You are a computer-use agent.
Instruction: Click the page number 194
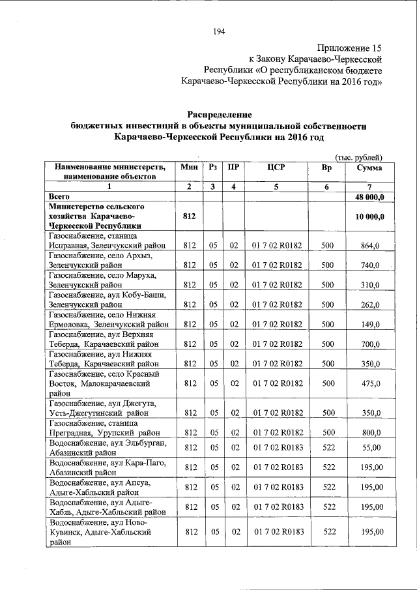[218, 32]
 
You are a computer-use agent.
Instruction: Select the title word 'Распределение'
[218, 115]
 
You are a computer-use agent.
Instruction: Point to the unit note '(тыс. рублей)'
[358, 156]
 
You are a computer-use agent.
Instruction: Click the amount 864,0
[370, 246]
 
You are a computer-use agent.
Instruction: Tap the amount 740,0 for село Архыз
[370, 266]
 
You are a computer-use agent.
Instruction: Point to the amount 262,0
[370, 304]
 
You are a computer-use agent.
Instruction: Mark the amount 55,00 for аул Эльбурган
[370, 449]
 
